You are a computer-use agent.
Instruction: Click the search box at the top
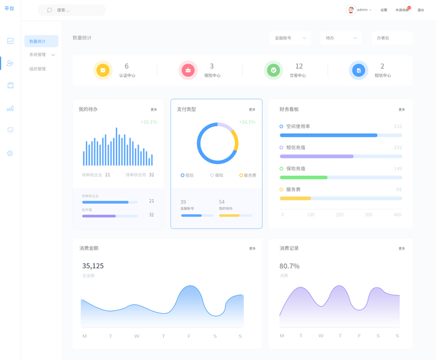click(x=71, y=10)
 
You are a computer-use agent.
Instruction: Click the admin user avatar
click(x=351, y=10)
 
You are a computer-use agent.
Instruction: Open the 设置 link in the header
click(x=384, y=10)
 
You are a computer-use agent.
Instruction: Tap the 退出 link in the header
click(x=420, y=10)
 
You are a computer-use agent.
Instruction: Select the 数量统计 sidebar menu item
click(x=41, y=41)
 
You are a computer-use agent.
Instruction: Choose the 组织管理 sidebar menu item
click(x=37, y=69)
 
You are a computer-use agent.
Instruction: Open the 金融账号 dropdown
click(x=290, y=38)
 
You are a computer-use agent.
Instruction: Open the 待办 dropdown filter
click(x=341, y=38)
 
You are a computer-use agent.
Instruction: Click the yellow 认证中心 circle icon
click(x=103, y=70)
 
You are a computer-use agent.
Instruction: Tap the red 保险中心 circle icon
click(x=188, y=70)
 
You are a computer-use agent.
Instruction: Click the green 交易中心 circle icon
click(x=273, y=70)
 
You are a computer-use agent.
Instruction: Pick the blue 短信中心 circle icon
click(x=359, y=70)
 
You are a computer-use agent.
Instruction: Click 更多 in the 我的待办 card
click(x=154, y=110)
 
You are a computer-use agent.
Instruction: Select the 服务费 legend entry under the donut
click(x=248, y=175)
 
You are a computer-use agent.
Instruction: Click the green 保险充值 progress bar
click(x=304, y=178)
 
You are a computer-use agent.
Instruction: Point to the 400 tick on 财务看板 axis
click(x=397, y=214)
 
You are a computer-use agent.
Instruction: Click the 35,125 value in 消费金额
click(x=93, y=266)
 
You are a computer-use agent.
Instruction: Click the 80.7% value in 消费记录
click(x=289, y=266)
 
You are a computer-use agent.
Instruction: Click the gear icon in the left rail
click(x=10, y=154)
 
